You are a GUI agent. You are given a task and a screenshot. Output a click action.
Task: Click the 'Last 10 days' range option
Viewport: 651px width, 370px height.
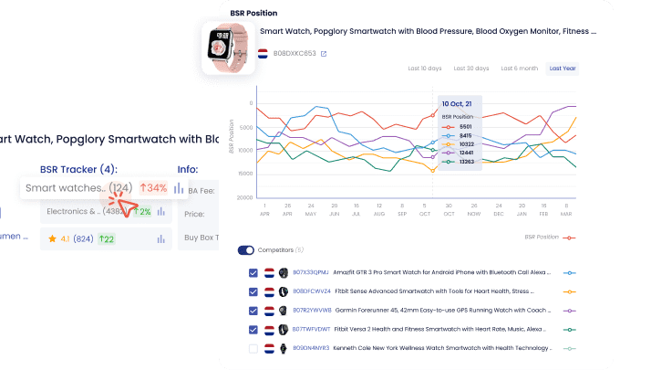tap(425, 69)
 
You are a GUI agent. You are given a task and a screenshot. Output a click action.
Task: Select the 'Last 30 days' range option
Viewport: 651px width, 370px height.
tap(470, 69)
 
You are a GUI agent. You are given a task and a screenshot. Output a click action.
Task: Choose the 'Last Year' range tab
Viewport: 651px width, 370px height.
tap(563, 69)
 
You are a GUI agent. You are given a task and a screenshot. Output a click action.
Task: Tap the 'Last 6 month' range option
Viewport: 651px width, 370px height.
tap(519, 69)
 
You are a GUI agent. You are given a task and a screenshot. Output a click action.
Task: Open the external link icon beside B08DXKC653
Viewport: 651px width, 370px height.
tap(323, 53)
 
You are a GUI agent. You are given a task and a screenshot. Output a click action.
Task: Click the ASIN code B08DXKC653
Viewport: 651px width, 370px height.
tap(294, 53)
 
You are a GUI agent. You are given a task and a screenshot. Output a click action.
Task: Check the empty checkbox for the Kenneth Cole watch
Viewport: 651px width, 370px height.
tap(253, 348)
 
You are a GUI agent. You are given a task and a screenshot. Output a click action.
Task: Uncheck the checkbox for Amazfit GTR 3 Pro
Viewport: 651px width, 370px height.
tap(253, 272)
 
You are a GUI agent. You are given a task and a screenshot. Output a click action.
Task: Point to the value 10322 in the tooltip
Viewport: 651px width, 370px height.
tap(466, 144)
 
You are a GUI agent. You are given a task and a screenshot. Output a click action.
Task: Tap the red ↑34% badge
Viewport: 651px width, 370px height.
tap(154, 188)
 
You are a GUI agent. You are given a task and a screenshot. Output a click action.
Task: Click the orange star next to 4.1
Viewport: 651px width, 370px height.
tap(53, 238)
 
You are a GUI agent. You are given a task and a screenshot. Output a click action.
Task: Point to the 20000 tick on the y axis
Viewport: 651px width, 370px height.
tap(243, 197)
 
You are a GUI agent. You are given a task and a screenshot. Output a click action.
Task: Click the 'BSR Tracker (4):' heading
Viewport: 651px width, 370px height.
tap(78, 169)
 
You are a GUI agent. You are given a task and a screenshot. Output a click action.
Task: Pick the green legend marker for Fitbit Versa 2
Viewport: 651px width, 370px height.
tap(570, 329)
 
